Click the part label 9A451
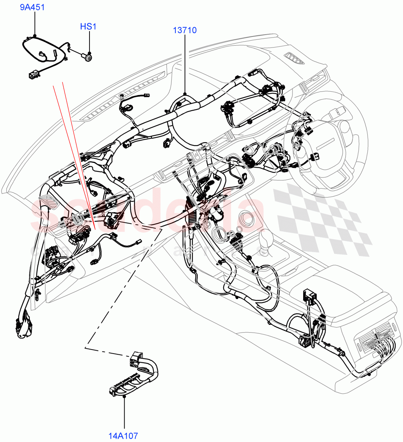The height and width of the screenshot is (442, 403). tap(32, 7)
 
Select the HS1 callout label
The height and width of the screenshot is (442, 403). tap(88, 27)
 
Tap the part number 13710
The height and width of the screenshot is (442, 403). tap(185, 30)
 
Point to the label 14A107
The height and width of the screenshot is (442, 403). tap(123, 436)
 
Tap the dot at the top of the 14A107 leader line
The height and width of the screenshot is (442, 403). tap(124, 397)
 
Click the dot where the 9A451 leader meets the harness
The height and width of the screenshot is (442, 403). tap(35, 36)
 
